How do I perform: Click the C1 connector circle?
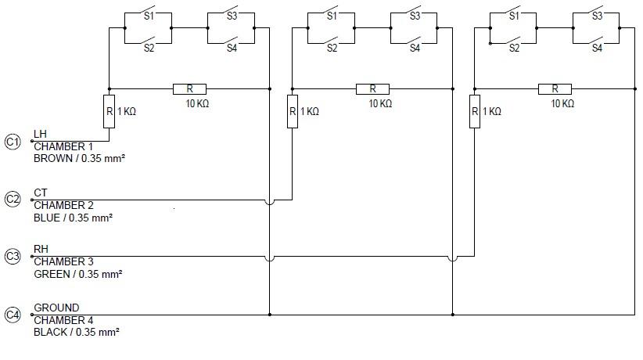pyautogui.click(x=13, y=142)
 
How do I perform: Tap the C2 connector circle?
pyautogui.click(x=13, y=200)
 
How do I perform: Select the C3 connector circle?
pyautogui.click(x=13, y=257)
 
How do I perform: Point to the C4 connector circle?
pyautogui.click(x=13, y=315)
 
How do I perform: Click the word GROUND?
pyautogui.click(x=56, y=308)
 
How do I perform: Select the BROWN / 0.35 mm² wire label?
pyautogui.click(x=80, y=159)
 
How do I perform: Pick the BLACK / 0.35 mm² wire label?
pyautogui.click(x=77, y=333)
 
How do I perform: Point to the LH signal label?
pyautogui.click(x=41, y=135)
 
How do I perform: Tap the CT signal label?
pyautogui.click(x=41, y=193)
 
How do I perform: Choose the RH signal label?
pyautogui.click(x=41, y=250)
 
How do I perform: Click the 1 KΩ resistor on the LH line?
pyautogui.click(x=109, y=111)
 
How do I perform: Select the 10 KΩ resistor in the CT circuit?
pyautogui.click(x=372, y=89)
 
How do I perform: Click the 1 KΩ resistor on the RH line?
pyautogui.click(x=475, y=111)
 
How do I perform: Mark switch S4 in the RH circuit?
pyautogui.click(x=597, y=41)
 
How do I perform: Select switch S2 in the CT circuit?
pyautogui.click(x=332, y=41)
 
